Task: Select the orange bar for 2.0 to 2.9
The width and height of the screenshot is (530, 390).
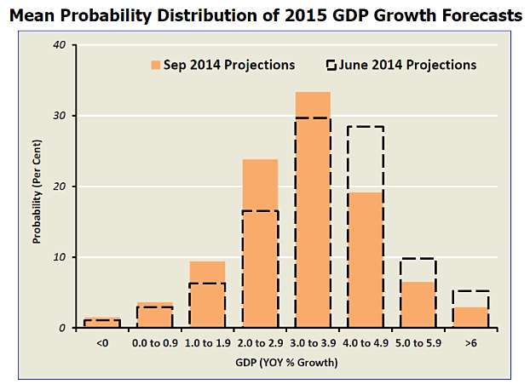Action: tap(260, 244)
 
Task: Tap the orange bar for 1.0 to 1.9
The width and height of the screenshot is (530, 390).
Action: tap(207, 295)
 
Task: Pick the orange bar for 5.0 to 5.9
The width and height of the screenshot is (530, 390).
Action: tap(418, 305)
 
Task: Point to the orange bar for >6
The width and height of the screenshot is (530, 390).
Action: tap(470, 318)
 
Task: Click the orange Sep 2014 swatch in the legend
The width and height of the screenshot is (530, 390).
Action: tap(156, 65)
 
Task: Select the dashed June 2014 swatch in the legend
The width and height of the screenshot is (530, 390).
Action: tap(331, 65)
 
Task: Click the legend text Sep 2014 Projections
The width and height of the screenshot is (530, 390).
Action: tap(229, 65)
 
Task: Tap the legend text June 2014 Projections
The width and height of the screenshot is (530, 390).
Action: tap(407, 65)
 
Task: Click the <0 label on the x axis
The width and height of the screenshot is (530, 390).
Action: tap(102, 343)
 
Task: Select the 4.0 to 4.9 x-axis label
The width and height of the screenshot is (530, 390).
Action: tap(365, 343)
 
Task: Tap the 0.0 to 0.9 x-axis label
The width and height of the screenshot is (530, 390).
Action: tap(154, 343)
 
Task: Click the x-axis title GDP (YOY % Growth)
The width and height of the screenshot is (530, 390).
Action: tap(286, 364)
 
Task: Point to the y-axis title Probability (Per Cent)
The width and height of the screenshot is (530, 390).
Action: tap(37, 187)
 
